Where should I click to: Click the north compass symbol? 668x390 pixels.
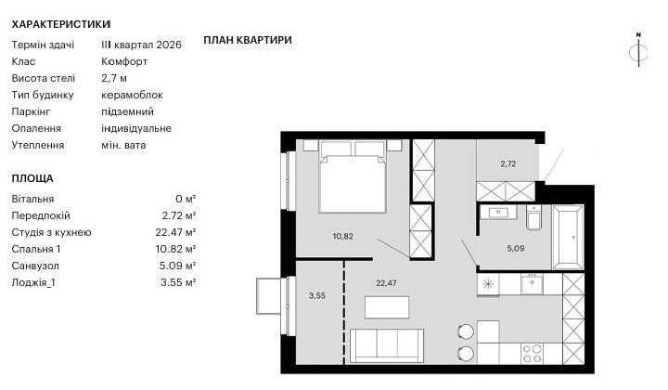click(x=638, y=50)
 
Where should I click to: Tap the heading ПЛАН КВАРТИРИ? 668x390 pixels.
click(x=248, y=40)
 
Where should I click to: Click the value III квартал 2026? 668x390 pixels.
click(x=141, y=45)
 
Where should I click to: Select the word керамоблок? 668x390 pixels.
click(x=132, y=95)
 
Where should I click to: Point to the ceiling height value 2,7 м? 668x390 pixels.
click(x=114, y=78)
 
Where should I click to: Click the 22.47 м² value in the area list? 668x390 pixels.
click(x=175, y=232)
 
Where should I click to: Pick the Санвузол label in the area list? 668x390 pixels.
click(x=35, y=266)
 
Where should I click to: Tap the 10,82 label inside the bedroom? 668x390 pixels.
click(x=342, y=236)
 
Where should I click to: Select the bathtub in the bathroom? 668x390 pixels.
click(x=568, y=237)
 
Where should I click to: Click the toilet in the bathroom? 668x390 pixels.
click(x=533, y=218)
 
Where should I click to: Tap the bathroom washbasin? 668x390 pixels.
click(x=497, y=212)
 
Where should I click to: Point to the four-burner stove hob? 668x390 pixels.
click(x=533, y=354)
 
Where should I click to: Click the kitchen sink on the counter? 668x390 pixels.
click(x=532, y=284)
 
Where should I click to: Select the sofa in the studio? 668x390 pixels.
click(x=386, y=345)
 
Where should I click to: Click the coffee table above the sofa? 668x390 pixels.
click(x=387, y=307)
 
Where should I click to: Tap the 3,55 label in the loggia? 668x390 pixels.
click(x=317, y=295)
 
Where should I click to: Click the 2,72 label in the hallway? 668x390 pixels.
click(x=508, y=163)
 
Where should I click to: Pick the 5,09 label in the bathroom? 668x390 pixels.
click(x=516, y=248)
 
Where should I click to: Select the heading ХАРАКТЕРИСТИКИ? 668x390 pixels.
click(x=61, y=24)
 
